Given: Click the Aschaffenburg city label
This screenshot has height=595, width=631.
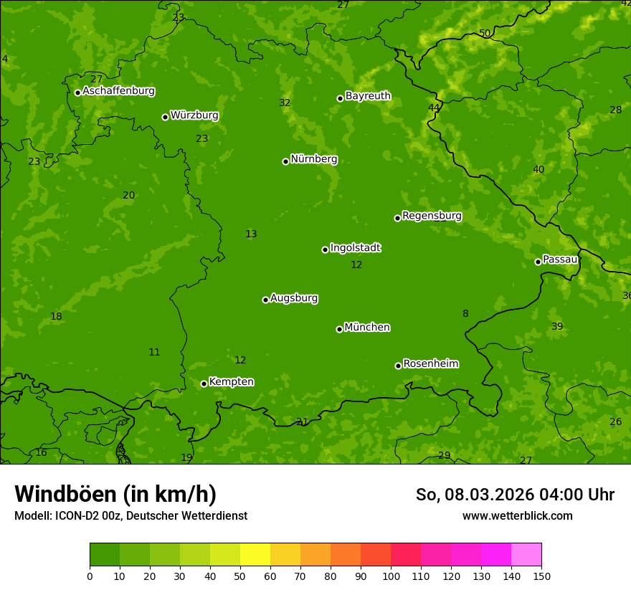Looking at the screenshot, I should (x=118, y=91).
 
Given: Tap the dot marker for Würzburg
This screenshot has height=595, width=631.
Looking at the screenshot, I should (x=165, y=117).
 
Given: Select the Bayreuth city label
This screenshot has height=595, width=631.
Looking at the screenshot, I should (x=368, y=95).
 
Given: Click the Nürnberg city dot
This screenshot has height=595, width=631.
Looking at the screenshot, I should (x=285, y=161).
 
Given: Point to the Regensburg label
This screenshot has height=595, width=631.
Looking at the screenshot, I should (x=432, y=215).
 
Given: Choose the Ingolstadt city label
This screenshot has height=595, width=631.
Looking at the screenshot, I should (x=355, y=247).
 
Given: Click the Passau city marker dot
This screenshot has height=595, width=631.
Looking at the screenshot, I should (x=538, y=262).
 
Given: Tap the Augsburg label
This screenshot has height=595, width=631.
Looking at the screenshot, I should (x=294, y=297).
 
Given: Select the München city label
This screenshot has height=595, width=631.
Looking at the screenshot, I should (x=367, y=327).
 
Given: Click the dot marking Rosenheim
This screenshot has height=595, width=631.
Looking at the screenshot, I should (x=398, y=366).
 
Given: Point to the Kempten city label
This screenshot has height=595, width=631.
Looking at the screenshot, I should (x=231, y=381).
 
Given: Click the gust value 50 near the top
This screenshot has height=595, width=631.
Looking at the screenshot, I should (x=485, y=33).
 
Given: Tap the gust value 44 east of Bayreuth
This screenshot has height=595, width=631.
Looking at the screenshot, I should (x=434, y=108).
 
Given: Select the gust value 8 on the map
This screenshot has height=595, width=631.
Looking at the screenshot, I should (x=465, y=313).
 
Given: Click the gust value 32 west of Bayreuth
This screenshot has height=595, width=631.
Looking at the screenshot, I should (x=285, y=103).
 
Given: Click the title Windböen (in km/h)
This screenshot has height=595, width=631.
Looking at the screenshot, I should (x=115, y=494).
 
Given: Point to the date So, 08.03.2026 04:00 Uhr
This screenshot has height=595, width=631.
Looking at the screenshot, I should (x=515, y=495).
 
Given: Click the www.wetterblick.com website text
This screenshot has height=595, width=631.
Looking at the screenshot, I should (x=517, y=515).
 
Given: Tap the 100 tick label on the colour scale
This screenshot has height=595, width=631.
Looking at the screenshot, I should (x=391, y=576).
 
